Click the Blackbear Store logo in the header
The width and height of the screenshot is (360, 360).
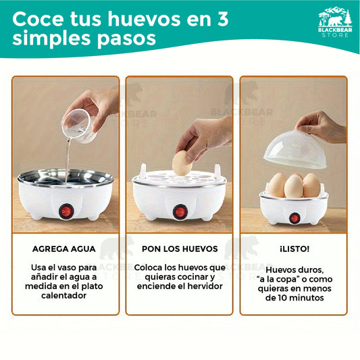tap(335, 22)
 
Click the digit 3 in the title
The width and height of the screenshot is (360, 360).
tap(222, 19)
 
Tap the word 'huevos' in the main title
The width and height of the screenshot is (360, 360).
tap(145, 19)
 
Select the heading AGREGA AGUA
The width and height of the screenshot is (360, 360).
tap(64, 249)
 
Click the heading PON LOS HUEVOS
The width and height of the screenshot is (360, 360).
tap(180, 249)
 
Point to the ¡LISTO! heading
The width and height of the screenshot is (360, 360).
tap(294, 249)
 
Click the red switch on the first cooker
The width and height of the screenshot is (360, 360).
tap(66, 211)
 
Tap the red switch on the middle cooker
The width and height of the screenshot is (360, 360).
tap(180, 211)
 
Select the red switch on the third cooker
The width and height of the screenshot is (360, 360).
tap(294, 218)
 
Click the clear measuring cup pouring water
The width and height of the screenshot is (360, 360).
tap(79, 126)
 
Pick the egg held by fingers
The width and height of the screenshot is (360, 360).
tap(182, 163)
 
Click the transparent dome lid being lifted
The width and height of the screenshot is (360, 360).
tap(295, 150)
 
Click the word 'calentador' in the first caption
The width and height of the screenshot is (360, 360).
tap(63, 295)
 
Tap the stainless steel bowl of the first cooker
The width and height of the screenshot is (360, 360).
tap(66, 178)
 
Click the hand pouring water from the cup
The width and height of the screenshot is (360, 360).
tap(94, 108)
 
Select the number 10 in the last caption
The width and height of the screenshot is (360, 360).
tap(281, 298)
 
